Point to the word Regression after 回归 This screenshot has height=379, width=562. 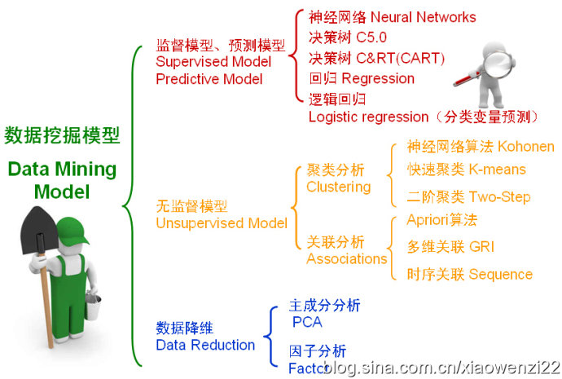(378, 78)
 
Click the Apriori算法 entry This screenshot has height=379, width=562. (441, 220)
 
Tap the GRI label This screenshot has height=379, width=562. (481, 246)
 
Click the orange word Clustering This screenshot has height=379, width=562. (338, 187)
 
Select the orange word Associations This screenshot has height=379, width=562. (346, 258)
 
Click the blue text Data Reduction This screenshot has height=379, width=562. (205, 345)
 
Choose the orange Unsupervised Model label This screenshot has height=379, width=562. (221, 223)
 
